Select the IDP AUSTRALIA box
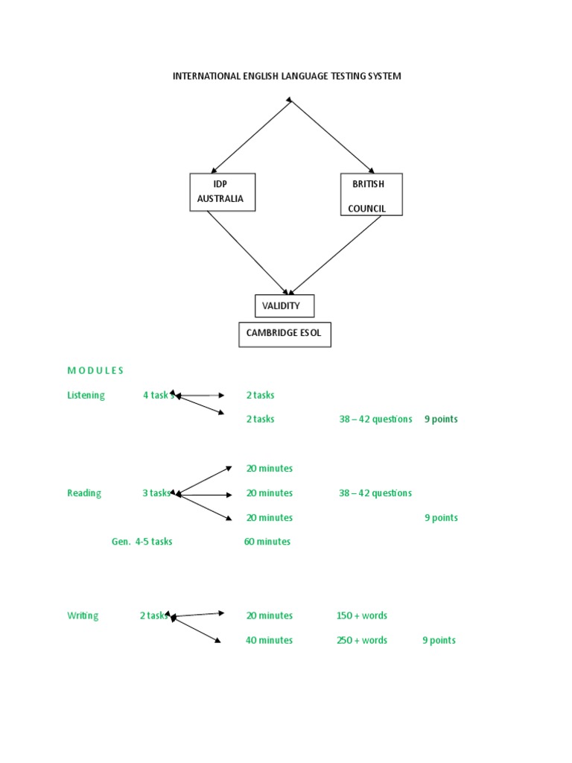[223, 192]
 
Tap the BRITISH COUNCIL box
[371, 194]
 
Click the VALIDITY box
[284, 305]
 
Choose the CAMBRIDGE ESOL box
[285, 334]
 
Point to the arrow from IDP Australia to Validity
[247, 253]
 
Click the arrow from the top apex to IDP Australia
[251, 136]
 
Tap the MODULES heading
[95, 370]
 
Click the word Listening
[86, 395]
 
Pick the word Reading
[84, 493]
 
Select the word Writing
[83, 615]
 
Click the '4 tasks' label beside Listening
[158, 395]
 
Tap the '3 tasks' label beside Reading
[156, 493]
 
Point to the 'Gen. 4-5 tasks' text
[142, 542]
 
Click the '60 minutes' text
[267, 542]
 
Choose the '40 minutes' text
[269, 640]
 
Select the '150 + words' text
[362, 615]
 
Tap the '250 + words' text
[362, 640]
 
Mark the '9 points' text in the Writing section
[439, 640]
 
